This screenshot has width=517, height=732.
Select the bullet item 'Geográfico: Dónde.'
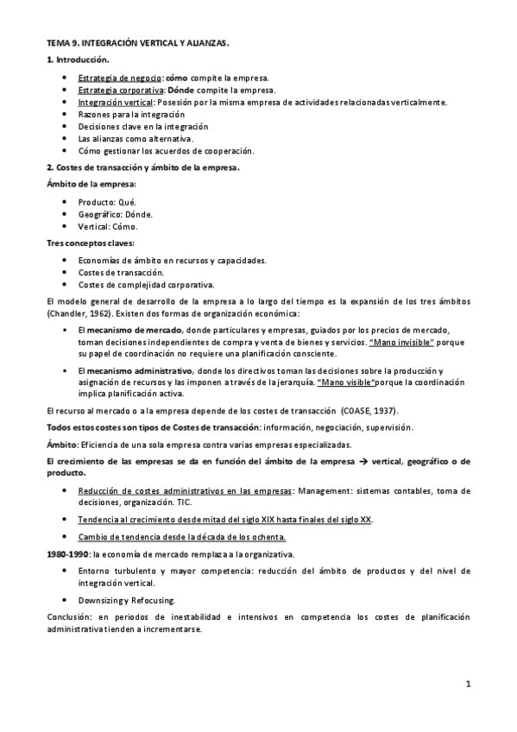click(x=115, y=214)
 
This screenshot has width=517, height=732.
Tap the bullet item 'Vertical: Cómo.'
click(x=108, y=226)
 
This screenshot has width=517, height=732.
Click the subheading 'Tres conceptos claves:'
click(x=85, y=244)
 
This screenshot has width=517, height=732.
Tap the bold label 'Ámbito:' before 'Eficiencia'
click(x=62, y=445)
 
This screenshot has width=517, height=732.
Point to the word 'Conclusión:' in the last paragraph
click(x=71, y=617)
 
